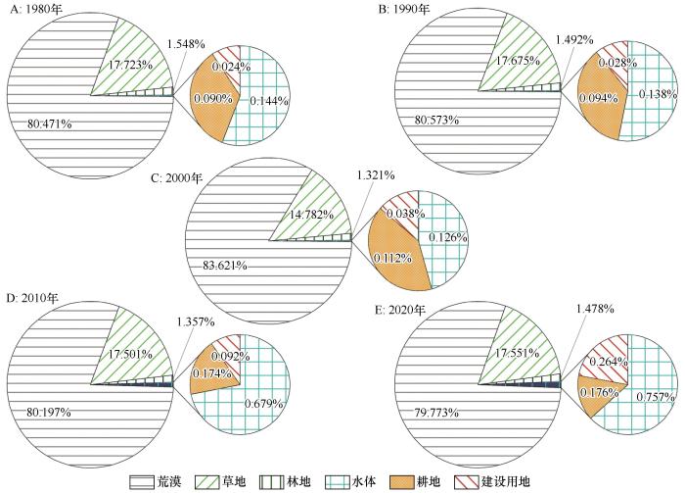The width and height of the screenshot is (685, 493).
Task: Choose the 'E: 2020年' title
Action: [x=410, y=311]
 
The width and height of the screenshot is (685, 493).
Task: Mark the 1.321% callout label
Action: [x=375, y=175]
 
